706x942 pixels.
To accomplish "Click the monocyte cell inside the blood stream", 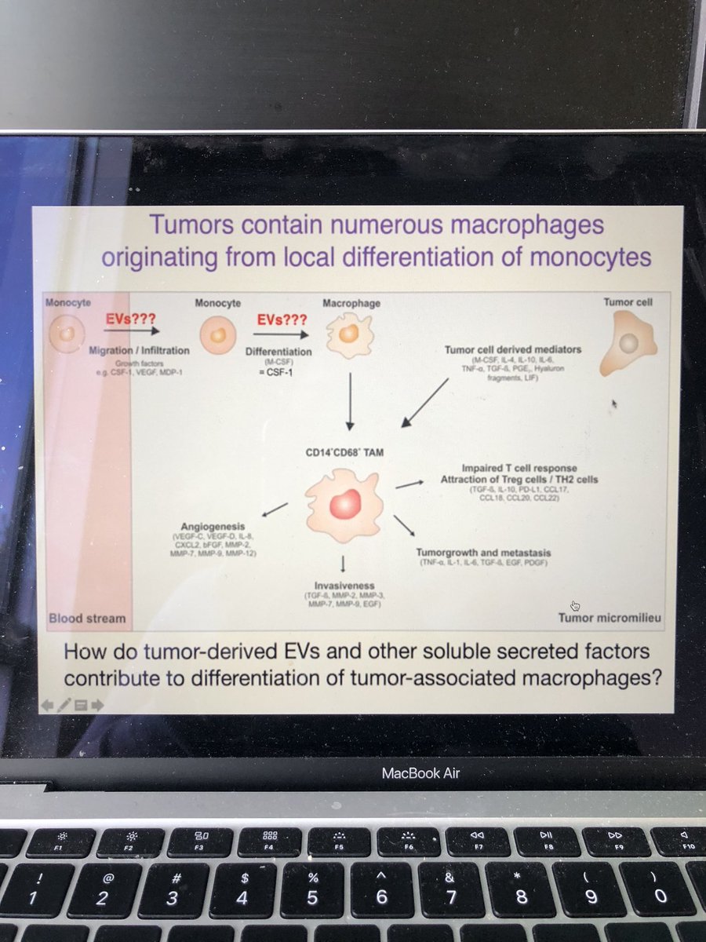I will [x=66, y=334].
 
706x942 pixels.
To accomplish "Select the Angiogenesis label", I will [x=212, y=526].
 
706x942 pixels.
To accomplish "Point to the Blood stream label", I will [x=87, y=618].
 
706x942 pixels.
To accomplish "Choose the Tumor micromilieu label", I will [x=610, y=618].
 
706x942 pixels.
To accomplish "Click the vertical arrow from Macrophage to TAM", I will [x=351, y=400].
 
